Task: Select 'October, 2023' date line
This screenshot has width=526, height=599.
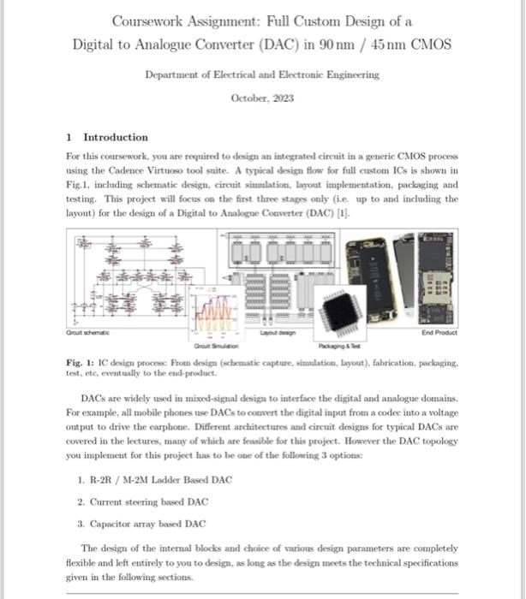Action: point(262,98)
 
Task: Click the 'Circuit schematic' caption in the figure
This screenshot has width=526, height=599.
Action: point(88,333)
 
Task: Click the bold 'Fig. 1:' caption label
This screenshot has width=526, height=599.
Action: point(81,363)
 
